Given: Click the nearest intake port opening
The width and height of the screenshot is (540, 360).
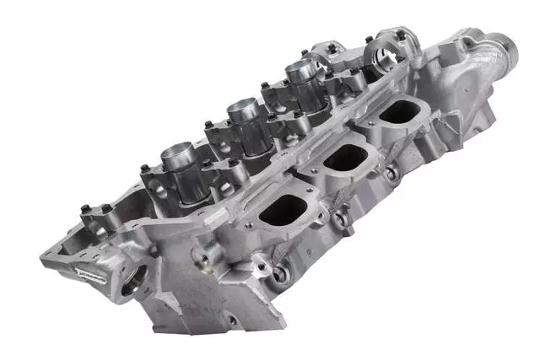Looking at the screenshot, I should pyautogui.click(x=282, y=210).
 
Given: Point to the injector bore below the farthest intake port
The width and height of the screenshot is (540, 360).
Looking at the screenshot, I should pyautogui.click(x=391, y=174).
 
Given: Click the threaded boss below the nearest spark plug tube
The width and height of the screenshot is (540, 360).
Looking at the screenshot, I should pyautogui.click(x=202, y=256).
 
